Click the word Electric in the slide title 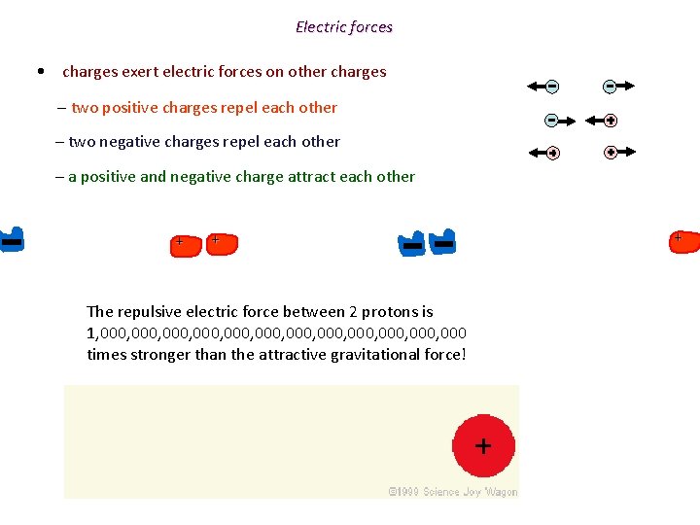click(x=320, y=27)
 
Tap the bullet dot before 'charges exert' click(x=38, y=71)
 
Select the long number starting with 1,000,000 click(x=276, y=332)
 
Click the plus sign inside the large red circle click(x=482, y=446)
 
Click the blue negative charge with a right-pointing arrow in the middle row click(x=551, y=121)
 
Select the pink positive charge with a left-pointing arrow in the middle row click(x=610, y=121)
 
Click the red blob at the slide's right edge click(x=683, y=241)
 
